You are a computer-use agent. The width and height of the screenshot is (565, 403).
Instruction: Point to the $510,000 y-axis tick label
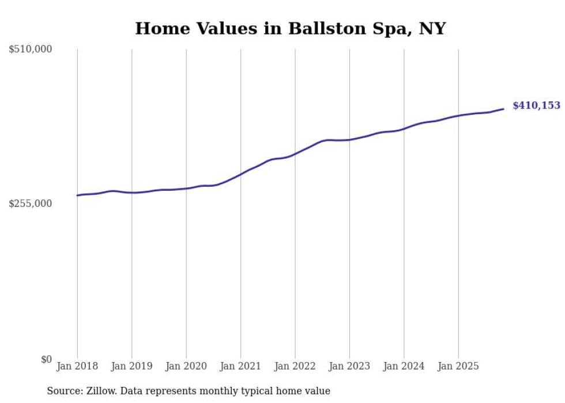(31, 50)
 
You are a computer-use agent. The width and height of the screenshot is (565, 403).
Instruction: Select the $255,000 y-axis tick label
(31, 204)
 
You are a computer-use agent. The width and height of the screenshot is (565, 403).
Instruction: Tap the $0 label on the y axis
(46, 359)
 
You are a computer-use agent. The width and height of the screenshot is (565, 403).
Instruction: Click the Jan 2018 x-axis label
(77, 366)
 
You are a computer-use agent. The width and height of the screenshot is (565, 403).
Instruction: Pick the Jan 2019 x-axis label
(131, 366)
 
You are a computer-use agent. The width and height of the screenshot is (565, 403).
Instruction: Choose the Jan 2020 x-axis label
(186, 366)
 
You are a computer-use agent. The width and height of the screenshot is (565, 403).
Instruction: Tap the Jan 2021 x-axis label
(240, 366)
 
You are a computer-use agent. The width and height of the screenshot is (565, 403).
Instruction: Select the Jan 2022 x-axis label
(295, 366)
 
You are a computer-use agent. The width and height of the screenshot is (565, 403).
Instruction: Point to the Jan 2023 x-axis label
(349, 366)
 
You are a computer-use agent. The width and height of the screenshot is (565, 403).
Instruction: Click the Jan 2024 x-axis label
(404, 366)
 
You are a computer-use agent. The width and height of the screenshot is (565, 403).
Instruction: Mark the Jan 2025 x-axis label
(458, 366)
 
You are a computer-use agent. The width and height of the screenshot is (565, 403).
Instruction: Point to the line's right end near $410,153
(503, 108)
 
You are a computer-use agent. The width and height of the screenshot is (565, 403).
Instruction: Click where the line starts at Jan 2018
(77, 195)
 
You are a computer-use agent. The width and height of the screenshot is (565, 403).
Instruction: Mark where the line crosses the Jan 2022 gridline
(295, 153)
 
